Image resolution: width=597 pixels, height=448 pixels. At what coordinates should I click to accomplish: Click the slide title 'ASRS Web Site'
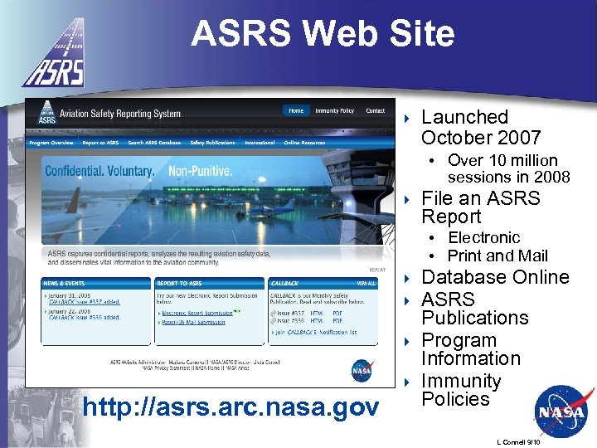pos(323,34)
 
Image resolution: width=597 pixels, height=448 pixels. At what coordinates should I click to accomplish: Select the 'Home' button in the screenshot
pos(296,110)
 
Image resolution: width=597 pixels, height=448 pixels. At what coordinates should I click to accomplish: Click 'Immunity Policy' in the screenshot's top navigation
pos(334,110)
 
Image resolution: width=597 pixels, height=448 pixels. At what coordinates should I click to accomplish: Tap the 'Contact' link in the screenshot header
pos(376,110)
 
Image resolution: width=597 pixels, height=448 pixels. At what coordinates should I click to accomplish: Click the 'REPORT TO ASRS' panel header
pos(178,283)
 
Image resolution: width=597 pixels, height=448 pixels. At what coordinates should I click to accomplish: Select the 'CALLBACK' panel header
pos(284,283)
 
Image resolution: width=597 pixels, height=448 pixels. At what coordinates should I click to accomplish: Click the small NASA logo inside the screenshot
pos(362,369)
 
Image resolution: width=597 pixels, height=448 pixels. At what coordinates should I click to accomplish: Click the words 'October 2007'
pos(481,138)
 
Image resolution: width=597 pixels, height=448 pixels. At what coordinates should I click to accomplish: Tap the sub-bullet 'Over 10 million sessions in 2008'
pos(507,168)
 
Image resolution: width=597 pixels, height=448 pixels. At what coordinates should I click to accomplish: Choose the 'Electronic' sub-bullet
pos(483,238)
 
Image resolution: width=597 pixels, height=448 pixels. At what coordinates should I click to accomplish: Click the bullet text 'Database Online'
pos(495,277)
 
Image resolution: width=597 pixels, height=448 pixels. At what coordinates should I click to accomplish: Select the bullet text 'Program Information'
pos(471,349)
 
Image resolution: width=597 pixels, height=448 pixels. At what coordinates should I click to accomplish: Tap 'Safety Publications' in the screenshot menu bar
pos(212,143)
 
